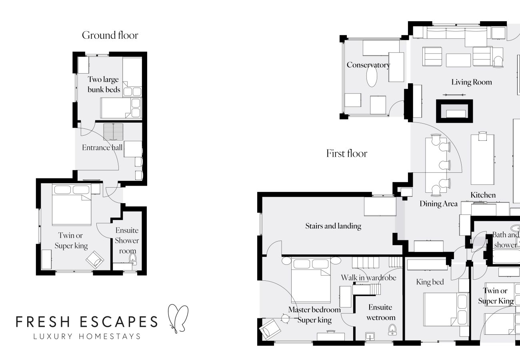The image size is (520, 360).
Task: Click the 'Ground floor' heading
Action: click(x=110, y=35)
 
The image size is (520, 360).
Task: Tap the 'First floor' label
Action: click(x=346, y=153)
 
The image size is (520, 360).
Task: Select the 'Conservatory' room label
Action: click(x=368, y=65)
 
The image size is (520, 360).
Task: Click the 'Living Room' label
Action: click(x=472, y=82)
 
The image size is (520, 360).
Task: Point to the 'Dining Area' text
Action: click(x=438, y=204)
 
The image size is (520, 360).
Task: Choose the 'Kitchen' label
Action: click(x=483, y=195)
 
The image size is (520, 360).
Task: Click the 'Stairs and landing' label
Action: click(x=333, y=226)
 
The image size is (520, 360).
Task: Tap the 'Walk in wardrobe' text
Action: click(x=368, y=278)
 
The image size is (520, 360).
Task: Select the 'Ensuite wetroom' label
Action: click(x=381, y=312)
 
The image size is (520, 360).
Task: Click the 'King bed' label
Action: click(x=430, y=282)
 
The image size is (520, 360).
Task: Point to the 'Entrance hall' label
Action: click(x=102, y=148)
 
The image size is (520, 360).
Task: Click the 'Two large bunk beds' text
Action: click(x=104, y=84)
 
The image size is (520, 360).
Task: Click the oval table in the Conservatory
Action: click(x=372, y=77)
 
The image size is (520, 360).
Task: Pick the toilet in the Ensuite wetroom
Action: click(x=392, y=330)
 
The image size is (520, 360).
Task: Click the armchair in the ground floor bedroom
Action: click(x=95, y=260)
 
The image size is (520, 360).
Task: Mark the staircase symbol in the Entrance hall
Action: click(x=114, y=132)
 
